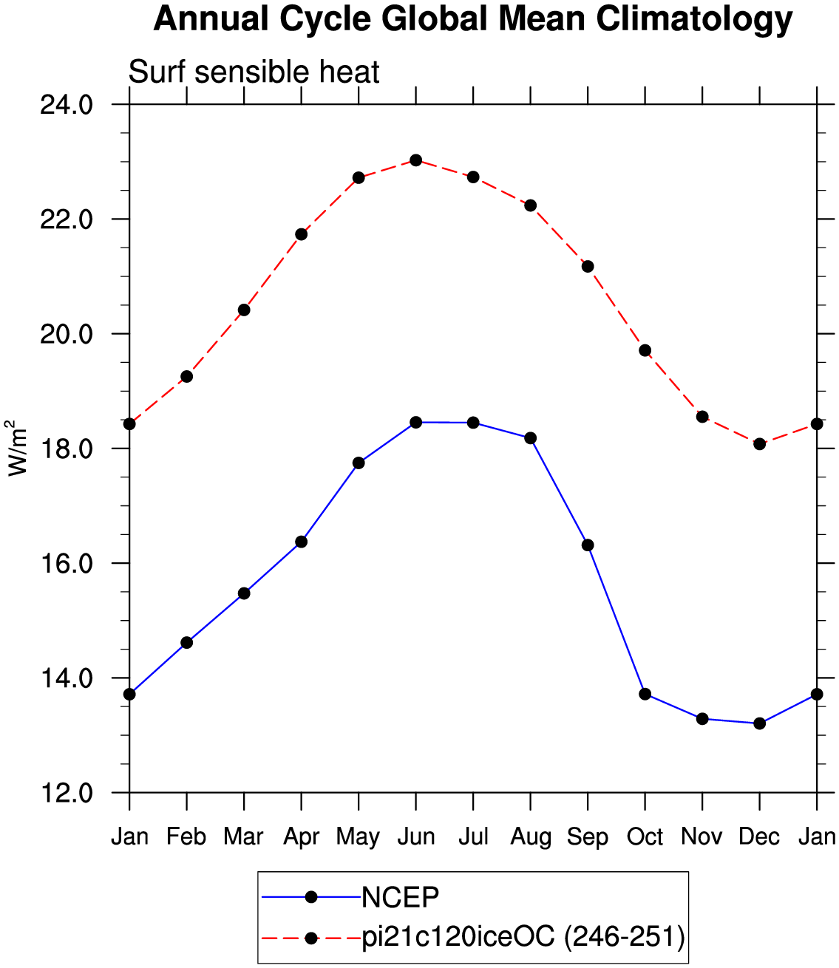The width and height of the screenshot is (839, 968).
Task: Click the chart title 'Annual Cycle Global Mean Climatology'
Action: click(472, 19)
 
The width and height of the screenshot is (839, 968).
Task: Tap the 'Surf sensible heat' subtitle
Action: click(254, 72)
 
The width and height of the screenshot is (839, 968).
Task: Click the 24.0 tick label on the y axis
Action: click(67, 105)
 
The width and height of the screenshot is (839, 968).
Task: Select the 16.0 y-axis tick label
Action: click(67, 563)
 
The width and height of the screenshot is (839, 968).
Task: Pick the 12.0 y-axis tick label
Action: click(67, 793)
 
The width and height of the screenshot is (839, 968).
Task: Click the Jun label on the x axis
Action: click(416, 836)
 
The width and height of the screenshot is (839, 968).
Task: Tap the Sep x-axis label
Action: click(588, 837)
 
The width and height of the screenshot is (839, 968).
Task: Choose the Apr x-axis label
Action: click(301, 837)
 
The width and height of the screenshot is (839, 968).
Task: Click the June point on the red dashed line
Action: click(416, 160)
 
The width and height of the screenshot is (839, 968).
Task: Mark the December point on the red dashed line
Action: click(759, 444)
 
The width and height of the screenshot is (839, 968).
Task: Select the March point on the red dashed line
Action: click(244, 310)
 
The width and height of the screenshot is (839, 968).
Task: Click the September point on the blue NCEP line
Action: click(588, 545)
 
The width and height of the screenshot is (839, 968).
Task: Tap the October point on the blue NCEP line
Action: click(645, 694)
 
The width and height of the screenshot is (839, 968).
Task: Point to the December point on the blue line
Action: click(759, 723)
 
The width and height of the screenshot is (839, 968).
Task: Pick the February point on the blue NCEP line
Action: click(187, 643)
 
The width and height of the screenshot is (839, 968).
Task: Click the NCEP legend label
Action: click(400, 898)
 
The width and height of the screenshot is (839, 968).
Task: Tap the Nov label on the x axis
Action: click(702, 836)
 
